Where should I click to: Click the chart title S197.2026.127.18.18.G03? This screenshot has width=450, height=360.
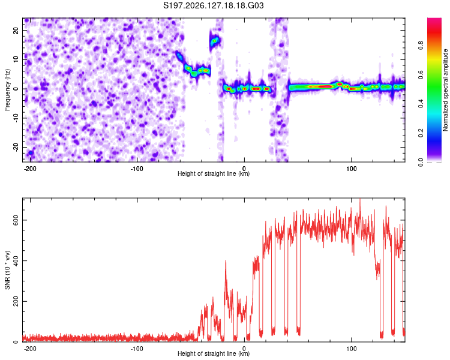pyautogui.click(x=213, y=5)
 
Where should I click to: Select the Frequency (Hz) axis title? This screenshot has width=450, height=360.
pyautogui.click(x=7, y=90)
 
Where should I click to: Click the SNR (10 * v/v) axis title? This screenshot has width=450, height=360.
pyautogui.click(x=7, y=270)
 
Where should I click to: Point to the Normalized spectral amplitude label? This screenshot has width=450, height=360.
pyautogui.click(x=445, y=90)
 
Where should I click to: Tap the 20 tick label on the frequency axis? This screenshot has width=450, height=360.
pyautogui.click(x=16, y=31)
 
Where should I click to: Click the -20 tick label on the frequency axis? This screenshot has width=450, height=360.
pyautogui.click(x=16, y=148)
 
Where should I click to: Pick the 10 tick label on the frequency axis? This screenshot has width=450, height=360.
pyautogui.click(x=16, y=59)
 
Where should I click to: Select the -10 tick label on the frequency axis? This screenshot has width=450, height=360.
pyautogui.click(x=16, y=118)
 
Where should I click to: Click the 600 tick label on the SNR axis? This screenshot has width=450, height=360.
pyautogui.click(x=16, y=220)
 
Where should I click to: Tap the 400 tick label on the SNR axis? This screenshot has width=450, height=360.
pyautogui.click(x=16, y=260)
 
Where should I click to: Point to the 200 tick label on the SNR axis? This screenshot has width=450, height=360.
pyautogui.click(x=16, y=301)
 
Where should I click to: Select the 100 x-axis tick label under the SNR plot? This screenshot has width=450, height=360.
pyautogui.click(x=351, y=349)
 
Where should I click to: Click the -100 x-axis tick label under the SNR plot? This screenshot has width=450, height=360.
pyautogui.click(x=137, y=349)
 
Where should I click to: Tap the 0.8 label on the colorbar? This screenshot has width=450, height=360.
pyautogui.click(x=421, y=46)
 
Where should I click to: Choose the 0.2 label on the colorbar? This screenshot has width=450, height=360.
pyautogui.click(x=421, y=133)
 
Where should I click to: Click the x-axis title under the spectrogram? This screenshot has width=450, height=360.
pyautogui.click(x=214, y=173)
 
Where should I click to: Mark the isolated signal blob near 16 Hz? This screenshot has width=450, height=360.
pyautogui.click(x=214, y=41)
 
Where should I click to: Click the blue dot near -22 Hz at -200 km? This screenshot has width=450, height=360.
pyautogui.click(x=31, y=153)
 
